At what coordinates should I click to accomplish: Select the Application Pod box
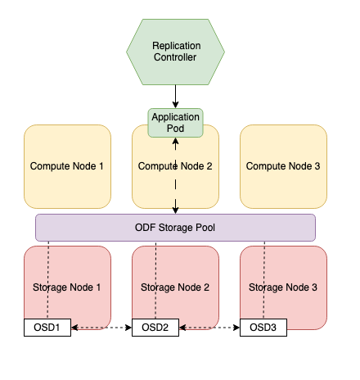coord(175,123)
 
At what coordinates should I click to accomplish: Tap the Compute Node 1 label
coord(67,166)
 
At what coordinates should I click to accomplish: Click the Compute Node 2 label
coord(175,166)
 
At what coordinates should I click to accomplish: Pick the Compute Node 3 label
coord(283,166)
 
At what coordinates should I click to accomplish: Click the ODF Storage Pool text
coord(175,228)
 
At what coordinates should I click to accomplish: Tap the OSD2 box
coord(155,328)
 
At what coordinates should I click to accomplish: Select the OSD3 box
coord(263,328)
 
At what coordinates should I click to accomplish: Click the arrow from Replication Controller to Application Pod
coord(175,96)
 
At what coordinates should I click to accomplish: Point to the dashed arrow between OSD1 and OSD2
coord(101,328)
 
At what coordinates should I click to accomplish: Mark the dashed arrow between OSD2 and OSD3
coord(209,328)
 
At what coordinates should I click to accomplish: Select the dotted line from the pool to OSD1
coord(47,278)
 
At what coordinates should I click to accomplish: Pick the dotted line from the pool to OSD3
coord(263,278)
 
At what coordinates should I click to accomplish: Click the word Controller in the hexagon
coord(175,57)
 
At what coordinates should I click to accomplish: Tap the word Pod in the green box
coord(175,129)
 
